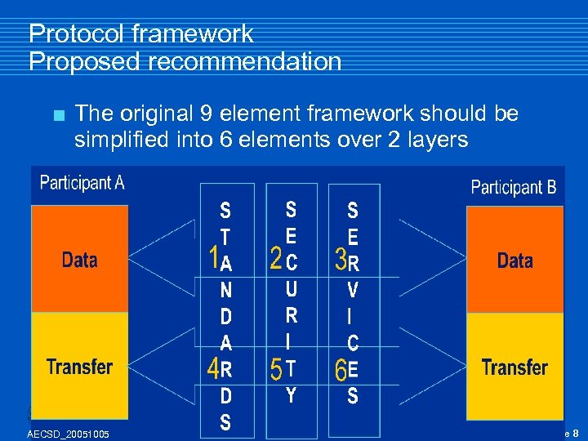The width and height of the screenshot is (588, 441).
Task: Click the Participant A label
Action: coord(82,182)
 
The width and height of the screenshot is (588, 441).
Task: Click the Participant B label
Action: coord(514,187)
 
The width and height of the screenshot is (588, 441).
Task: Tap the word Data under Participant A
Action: coord(79,261)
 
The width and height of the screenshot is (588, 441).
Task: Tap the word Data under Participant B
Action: coord(514,261)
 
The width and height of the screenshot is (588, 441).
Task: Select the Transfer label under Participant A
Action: coord(79,367)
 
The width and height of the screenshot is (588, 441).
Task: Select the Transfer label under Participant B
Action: coord(514,367)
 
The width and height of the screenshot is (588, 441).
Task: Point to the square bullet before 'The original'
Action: coord(56,115)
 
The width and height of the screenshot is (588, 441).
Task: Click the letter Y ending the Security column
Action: coord(292,395)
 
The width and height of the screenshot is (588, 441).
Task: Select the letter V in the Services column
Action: coord(353,289)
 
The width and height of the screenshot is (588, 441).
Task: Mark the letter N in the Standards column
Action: coord(226,289)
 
